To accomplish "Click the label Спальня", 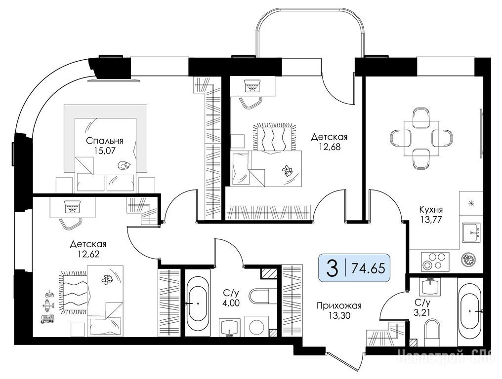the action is tap(105, 141).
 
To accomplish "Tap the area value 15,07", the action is tap(105, 150).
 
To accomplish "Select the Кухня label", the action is tap(431, 210).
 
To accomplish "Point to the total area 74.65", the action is tap(368, 268).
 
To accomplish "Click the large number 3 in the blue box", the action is tap(333, 268).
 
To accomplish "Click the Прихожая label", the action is tap(339, 306).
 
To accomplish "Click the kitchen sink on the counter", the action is tap(471, 232).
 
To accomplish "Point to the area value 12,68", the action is tap(329, 147).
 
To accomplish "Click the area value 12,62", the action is tap(88, 254).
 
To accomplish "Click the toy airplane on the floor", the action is tap(47, 305).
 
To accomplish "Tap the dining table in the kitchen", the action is tap(421, 138).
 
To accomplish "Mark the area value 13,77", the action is tap(431, 220).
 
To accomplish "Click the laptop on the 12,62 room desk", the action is tap(72, 206).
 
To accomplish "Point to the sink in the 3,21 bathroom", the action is tap(431, 286).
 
